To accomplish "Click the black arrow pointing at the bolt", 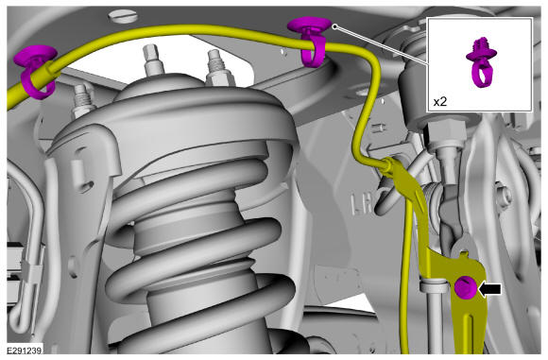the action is pyautogui.click(x=490, y=289).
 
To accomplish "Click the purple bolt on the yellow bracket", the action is pyautogui.click(x=465, y=287).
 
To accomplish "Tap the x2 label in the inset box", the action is pyautogui.click(x=440, y=102).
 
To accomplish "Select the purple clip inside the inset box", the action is pyautogui.click(x=481, y=62).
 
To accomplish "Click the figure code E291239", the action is pyautogui.click(x=25, y=350).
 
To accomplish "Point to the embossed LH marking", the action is pyautogui.click(x=364, y=204).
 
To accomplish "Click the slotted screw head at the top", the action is pyautogui.click(x=122, y=16).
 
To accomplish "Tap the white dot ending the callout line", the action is pyautogui.click(x=334, y=26).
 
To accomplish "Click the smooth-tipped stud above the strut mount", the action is pyautogui.click(x=152, y=60).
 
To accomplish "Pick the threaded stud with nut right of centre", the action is pyautogui.click(x=217, y=70).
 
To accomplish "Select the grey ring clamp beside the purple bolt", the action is pyautogui.click(x=434, y=285).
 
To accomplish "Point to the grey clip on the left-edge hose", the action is pyautogui.click(x=31, y=271).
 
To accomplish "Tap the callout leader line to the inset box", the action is pyautogui.click(x=382, y=45).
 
